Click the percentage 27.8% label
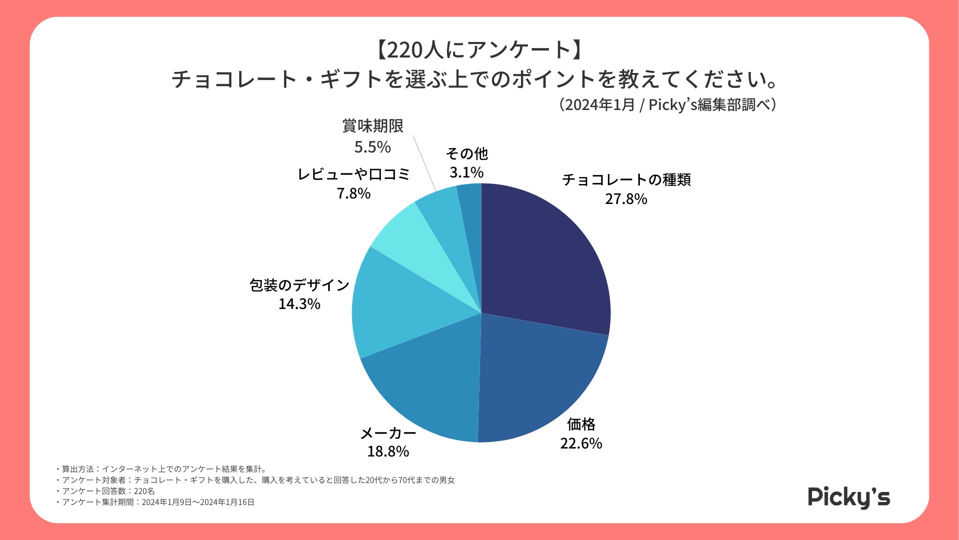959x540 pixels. coord(626,199)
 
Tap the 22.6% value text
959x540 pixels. coord(581,443)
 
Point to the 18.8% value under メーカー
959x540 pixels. coord(388,451)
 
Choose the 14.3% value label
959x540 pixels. coord(299,304)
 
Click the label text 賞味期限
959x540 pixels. coord(373,126)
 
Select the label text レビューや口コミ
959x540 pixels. coord(354,174)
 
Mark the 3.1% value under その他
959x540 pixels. coord(467,172)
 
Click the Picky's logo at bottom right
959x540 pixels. coord(849,497)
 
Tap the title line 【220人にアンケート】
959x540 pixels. coord(479,49)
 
